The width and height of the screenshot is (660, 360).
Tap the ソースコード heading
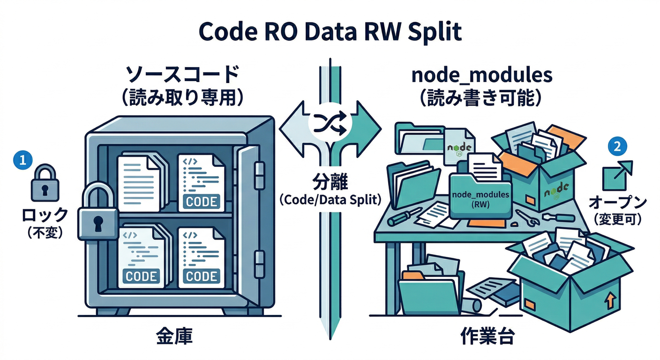click(x=182, y=75)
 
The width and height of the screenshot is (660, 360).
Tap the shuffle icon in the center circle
click(x=330, y=124)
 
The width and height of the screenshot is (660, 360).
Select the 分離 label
click(x=330, y=181)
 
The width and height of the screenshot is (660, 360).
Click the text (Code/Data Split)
click(x=330, y=199)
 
